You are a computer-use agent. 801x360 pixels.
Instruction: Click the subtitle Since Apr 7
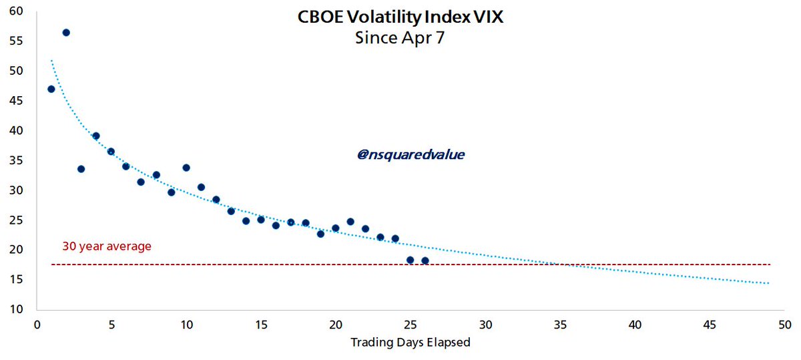tap(400, 38)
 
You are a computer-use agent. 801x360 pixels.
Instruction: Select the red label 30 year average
tap(107, 246)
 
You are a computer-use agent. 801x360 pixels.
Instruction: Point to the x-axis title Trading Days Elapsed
tap(411, 343)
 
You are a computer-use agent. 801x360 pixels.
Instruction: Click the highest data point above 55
tap(66, 33)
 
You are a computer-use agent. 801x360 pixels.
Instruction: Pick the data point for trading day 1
tap(51, 89)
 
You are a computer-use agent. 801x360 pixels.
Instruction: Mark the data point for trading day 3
tap(81, 169)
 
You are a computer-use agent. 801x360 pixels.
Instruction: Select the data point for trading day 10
tap(186, 168)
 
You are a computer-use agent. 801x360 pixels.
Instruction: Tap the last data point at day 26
tap(425, 260)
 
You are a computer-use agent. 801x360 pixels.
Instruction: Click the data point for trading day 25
tap(410, 260)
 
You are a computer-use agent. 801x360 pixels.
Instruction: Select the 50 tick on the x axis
tap(785, 325)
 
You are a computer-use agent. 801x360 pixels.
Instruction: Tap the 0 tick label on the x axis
tap(37, 325)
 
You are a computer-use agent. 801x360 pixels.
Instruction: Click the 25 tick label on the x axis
tap(411, 325)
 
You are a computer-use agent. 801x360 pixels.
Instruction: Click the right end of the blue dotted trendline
tap(769, 283)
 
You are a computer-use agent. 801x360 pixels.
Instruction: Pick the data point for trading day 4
tap(96, 136)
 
